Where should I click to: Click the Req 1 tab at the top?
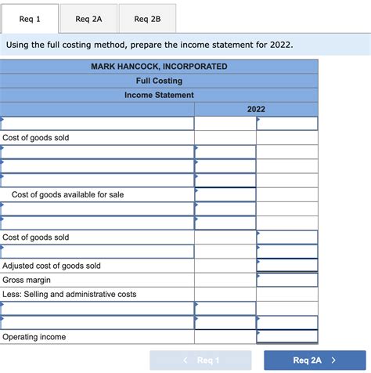(29, 19)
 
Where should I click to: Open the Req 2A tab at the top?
(88, 19)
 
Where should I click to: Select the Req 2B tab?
(147, 19)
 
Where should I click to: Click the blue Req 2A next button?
(315, 360)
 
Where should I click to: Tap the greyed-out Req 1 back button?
(200, 360)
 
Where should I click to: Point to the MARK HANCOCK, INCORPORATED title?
(159, 67)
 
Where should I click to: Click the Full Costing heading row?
(159, 81)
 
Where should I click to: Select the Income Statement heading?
(159, 95)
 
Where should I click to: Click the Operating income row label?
(34, 337)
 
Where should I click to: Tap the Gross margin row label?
(27, 280)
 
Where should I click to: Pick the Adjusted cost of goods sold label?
(52, 266)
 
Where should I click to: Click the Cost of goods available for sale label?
(67, 194)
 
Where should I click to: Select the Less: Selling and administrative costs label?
(70, 294)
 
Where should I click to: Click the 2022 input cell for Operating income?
(287, 337)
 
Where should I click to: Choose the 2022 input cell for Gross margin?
(287, 280)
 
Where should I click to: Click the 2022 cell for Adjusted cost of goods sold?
(287, 266)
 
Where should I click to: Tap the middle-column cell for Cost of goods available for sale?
(225, 194)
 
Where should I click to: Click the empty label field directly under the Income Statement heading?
(97, 123)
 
